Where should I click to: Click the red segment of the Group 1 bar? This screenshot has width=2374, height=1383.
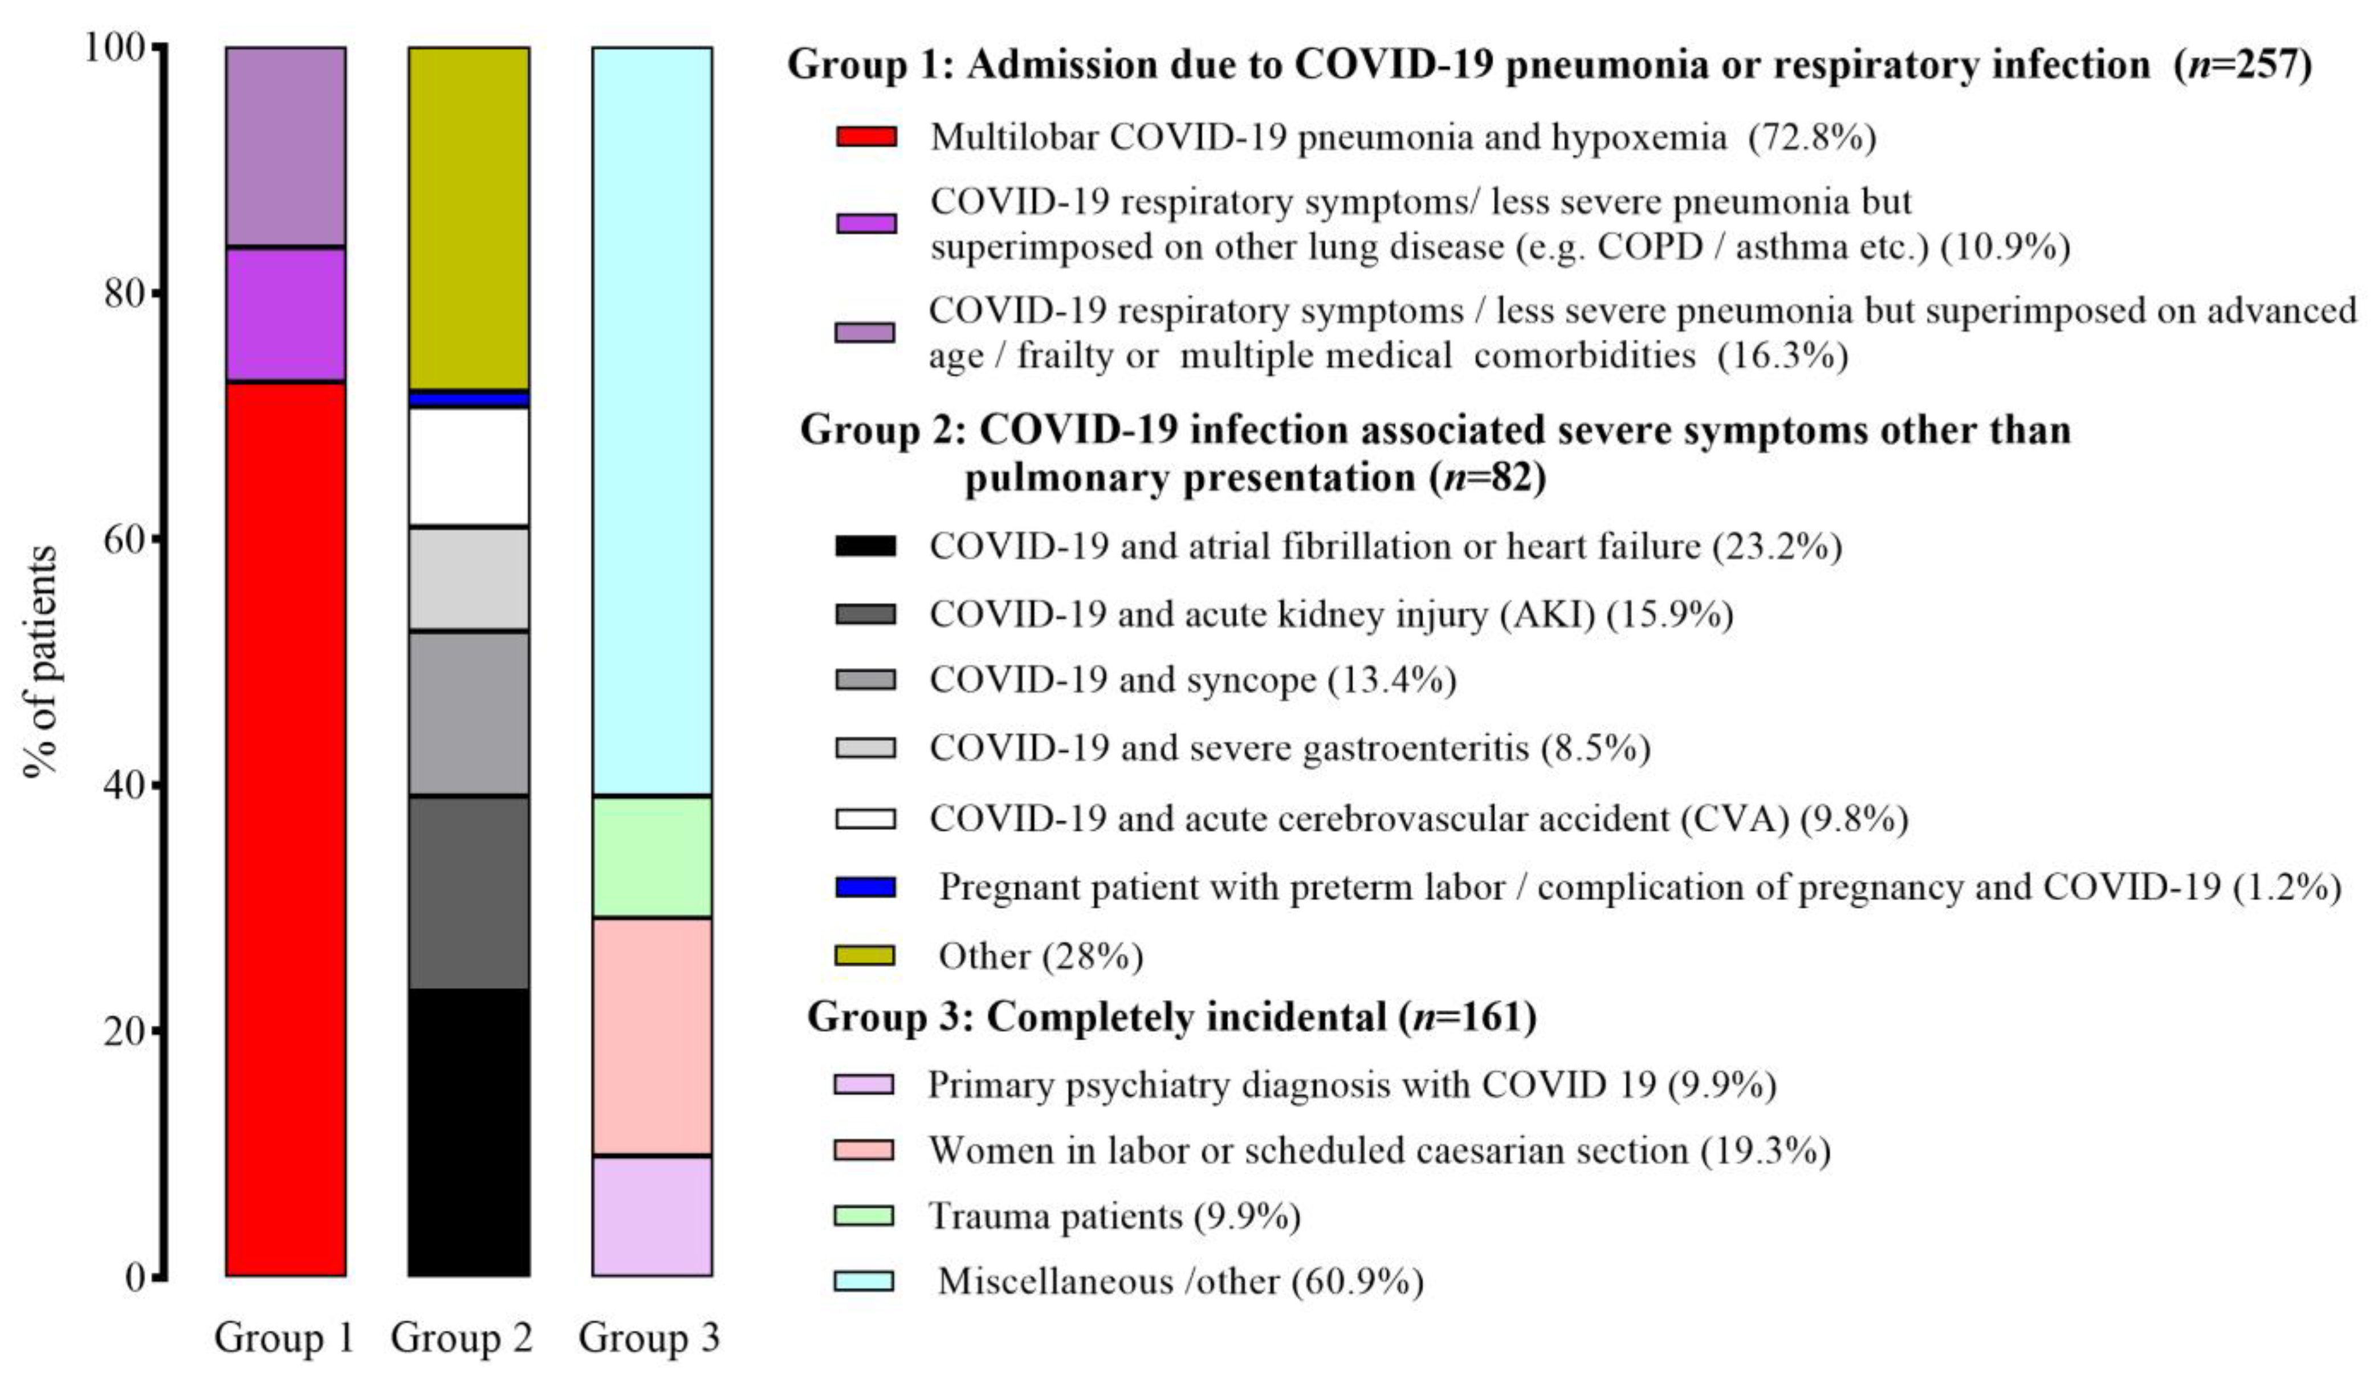point(286,829)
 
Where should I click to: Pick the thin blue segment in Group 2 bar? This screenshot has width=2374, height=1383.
point(468,400)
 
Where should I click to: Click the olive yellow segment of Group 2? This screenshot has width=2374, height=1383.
point(468,217)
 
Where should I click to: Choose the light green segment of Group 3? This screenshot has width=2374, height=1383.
point(652,856)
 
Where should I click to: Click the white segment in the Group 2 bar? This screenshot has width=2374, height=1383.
point(468,466)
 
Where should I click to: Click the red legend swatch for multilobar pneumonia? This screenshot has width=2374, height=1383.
point(866,137)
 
